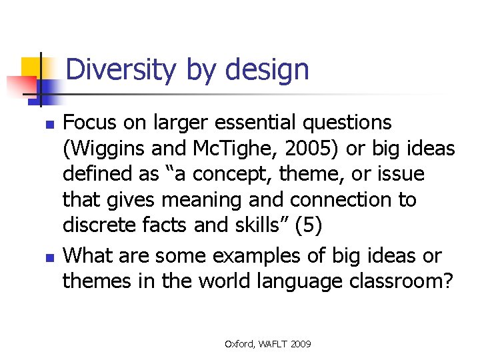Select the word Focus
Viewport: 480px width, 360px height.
click(89, 123)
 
